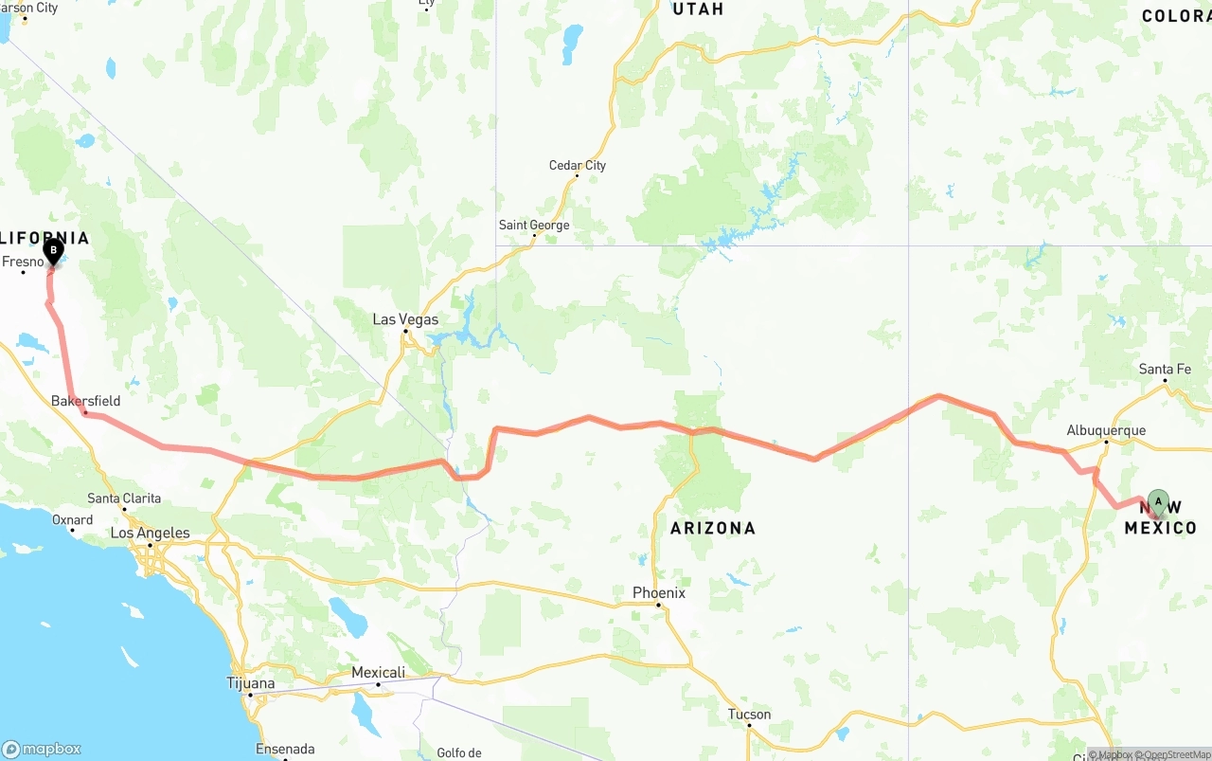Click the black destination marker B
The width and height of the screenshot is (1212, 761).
click(53, 251)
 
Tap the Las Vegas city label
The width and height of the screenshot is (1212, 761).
click(405, 319)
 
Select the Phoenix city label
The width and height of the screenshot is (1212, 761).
click(658, 593)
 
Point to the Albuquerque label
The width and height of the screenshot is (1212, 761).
click(1106, 430)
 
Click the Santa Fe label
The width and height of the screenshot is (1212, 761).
click(1165, 370)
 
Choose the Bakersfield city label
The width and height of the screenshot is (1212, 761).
click(85, 402)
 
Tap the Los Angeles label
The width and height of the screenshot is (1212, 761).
click(150, 533)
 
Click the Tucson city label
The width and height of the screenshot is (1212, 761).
click(749, 715)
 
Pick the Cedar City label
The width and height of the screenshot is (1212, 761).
click(577, 166)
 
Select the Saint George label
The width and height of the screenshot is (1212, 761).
click(534, 226)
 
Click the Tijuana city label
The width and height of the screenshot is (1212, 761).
click(250, 683)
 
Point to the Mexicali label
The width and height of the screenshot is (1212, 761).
click(378, 673)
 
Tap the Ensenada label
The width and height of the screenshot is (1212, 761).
click(285, 750)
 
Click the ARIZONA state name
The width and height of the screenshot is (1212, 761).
click(713, 528)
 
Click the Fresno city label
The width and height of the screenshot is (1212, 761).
click(23, 262)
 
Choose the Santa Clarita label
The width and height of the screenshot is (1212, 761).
click(124, 498)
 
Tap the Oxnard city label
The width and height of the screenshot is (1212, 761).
click(72, 519)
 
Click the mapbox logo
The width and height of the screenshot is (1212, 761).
click(42, 749)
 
